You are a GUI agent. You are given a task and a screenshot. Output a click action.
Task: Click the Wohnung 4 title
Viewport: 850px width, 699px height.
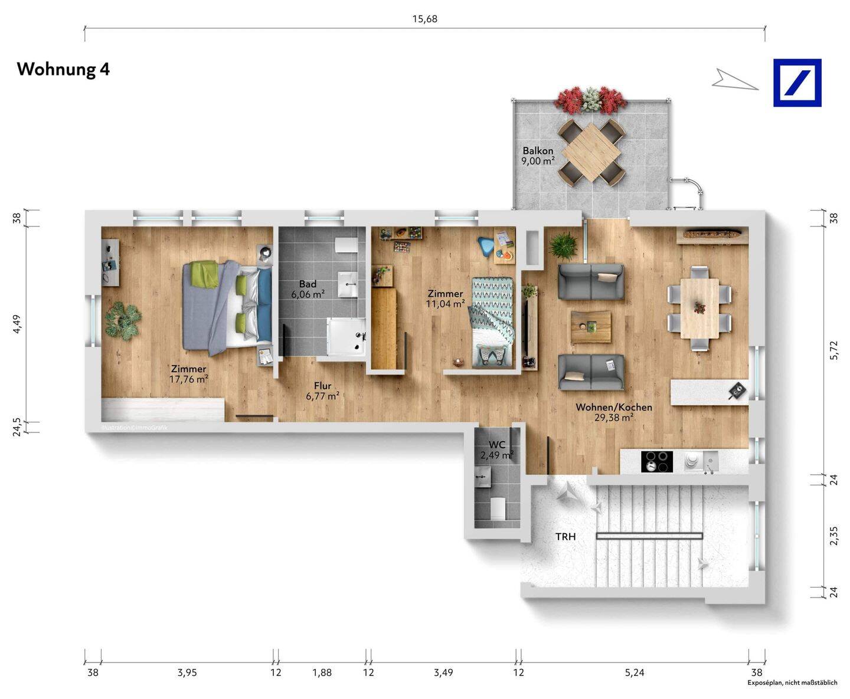(x=63, y=69)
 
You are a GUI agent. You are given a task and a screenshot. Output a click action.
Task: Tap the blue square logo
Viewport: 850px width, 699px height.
(x=797, y=83)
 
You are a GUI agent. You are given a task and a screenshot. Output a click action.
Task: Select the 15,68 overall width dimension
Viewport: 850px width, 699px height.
(x=424, y=19)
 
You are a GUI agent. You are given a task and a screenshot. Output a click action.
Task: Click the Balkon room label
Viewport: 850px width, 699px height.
(x=538, y=150)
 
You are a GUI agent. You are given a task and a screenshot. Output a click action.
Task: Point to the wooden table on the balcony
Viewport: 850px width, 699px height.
(x=591, y=152)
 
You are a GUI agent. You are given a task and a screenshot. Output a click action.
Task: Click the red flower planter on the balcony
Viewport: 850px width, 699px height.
(x=591, y=99)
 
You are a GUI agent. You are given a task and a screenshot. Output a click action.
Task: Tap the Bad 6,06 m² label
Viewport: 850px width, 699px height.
(x=308, y=289)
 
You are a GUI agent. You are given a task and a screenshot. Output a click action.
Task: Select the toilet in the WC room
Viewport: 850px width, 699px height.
(x=498, y=509)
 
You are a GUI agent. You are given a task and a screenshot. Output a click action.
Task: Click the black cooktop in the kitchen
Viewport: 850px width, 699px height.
(x=657, y=462)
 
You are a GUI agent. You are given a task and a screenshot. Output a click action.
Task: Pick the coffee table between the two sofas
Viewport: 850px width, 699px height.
(x=591, y=327)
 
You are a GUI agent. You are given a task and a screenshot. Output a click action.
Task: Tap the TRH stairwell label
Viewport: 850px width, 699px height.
(x=565, y=537)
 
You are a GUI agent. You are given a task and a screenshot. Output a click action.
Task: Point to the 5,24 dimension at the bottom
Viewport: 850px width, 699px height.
(x=635, y=672)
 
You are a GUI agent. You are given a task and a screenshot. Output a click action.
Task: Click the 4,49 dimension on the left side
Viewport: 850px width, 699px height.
(x=17, y=324)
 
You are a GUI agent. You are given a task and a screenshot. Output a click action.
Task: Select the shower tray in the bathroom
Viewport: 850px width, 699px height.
(x=346, y=337)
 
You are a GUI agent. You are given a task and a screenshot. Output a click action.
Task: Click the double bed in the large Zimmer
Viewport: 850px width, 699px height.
(x=227, y=307)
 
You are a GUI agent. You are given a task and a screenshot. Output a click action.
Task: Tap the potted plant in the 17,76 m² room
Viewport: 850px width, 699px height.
(x=123, y=321)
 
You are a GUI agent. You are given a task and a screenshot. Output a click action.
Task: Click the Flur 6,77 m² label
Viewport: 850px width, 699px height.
(x=322, y=391)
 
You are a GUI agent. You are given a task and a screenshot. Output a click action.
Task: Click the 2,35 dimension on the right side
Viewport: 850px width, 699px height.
(x=833, y=536)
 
